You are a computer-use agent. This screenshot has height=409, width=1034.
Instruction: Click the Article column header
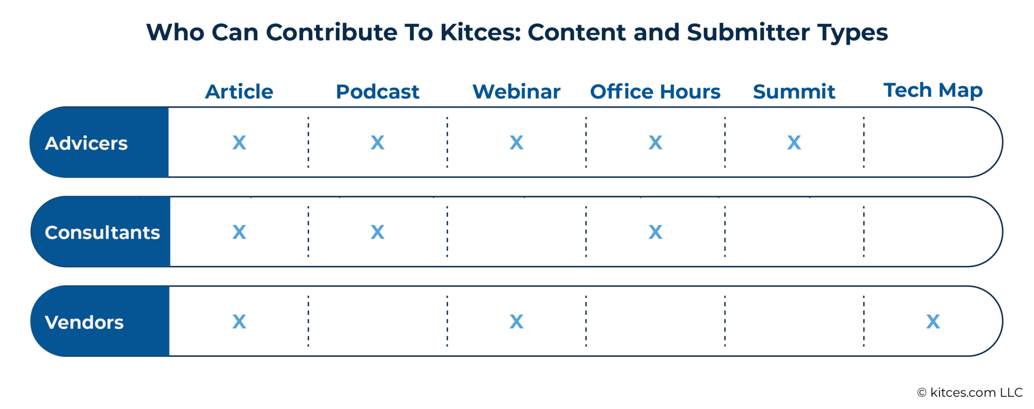click(x=239, y=92)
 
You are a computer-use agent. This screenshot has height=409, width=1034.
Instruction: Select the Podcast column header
click(x=377, y=92)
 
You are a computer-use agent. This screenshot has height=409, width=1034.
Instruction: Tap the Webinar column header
click(x=516, y=92)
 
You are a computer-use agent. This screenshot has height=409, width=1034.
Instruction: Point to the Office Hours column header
click(x=655, y=92)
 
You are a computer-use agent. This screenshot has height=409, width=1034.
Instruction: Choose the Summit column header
click(x=794, y=92)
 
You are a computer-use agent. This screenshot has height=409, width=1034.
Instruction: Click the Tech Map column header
click(x=933, y=90)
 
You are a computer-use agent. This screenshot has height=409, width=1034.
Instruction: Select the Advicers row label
click(x=86, y=143)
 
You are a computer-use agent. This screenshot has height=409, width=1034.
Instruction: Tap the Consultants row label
click(x=102, y=232)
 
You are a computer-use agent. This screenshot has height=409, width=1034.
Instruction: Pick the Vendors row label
click(x=84, y=322)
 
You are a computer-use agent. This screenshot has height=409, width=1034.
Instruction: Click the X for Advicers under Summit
click(x=794, y=143)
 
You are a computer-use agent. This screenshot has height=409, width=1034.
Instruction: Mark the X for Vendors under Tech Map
click(x=933, y=321)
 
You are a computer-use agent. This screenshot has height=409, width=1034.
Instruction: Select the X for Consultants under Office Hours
click(x=655, y=232)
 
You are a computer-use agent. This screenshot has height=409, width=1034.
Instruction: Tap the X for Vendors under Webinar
click(x=516, y=321)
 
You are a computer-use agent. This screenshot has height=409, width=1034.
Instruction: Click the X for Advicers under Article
click(x=239, y=143)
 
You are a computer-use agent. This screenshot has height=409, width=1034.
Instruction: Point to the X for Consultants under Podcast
click(x=377, y=232)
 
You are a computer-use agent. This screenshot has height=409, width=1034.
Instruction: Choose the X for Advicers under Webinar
click(x=516, y=143)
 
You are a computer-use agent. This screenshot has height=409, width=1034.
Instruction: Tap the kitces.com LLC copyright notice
click(x=970, y=392)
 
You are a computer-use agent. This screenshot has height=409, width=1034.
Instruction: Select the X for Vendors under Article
click(x=239, y=321)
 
